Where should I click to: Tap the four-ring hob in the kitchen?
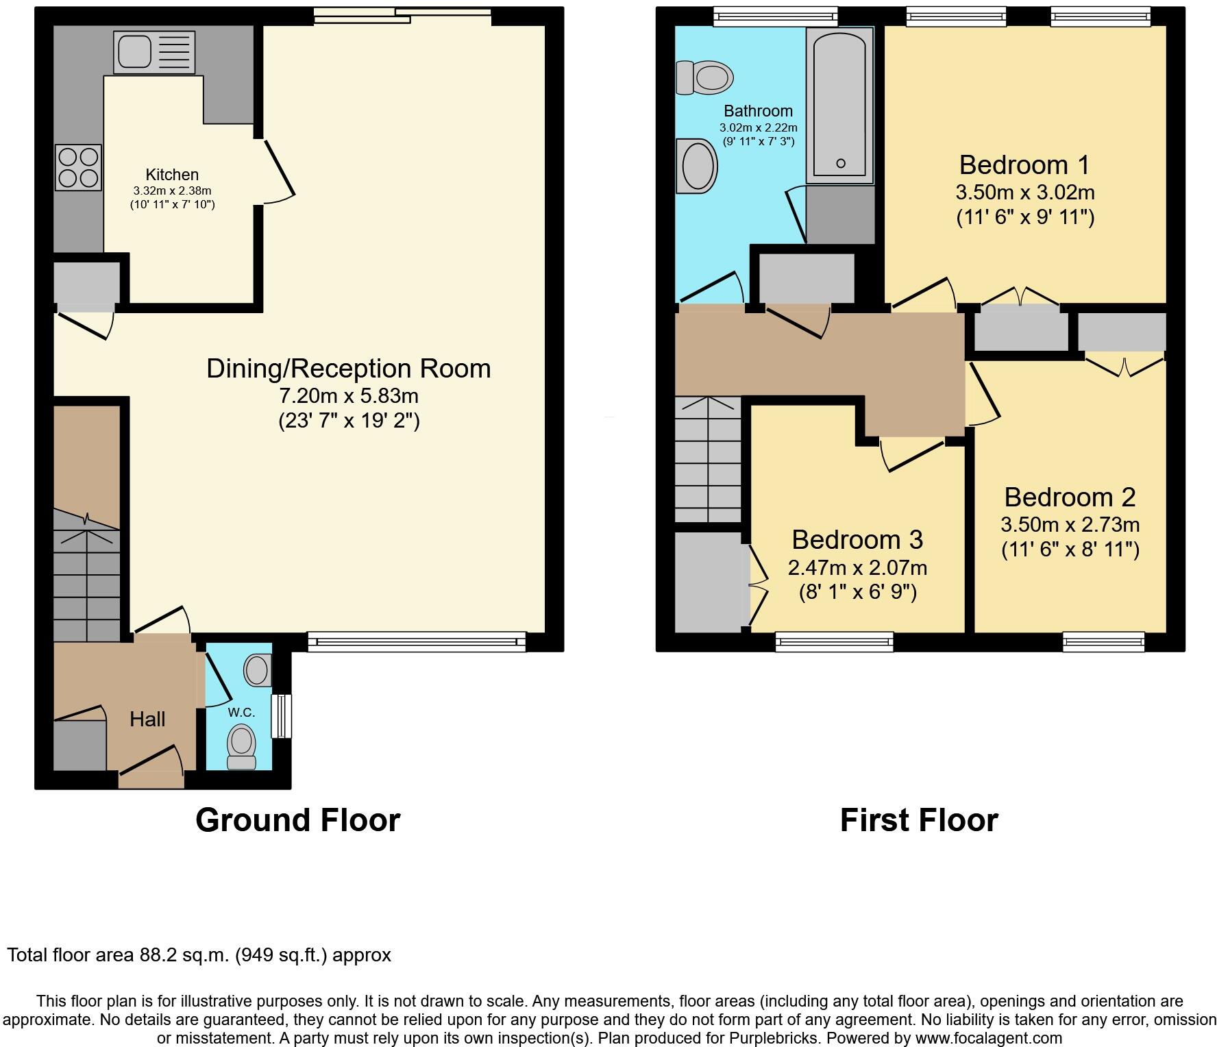pyautogui.click(x=78, y=167)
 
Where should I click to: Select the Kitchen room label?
pyautogui.click(x=172, y=175)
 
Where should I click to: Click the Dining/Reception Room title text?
pyautogui.click(x=349, y=369)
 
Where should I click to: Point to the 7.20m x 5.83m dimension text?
pyautogui.click(x=349, y=396)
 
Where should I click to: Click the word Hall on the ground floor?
pyautogui.click(x=147, y=719)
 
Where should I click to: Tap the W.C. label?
pyautogui.click(x=241, y=713)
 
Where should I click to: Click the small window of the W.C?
pyautogui.click(x=281, y=716)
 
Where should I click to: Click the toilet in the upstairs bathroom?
pyautogui.click(x=704, y=77)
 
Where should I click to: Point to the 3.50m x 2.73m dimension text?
pyautogui.click(x=1070, y=525)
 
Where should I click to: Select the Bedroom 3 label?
pyautogui.click(x=857, y=540)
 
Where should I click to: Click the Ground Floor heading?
pyautogui.click(x=297, y=820)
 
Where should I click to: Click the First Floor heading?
pyautogui.click(x=919, y=820)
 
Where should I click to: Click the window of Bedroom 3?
pyautogui.click(x=834, y=641)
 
